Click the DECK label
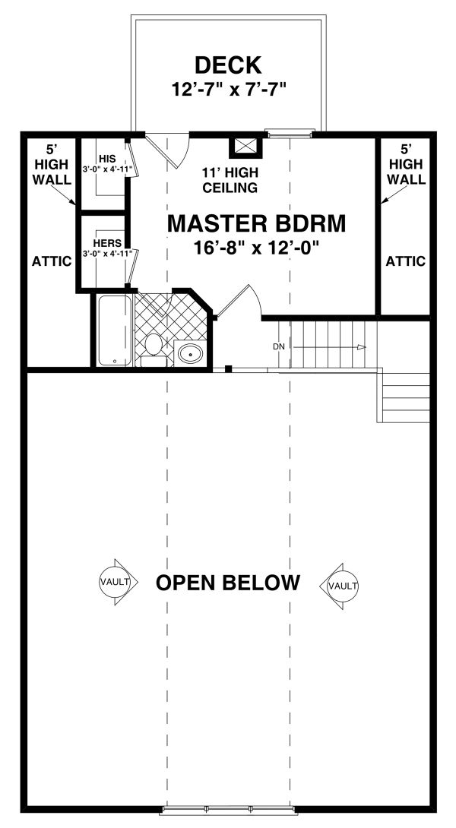[x=229, y=64]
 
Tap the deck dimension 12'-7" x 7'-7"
[x=229, y=89]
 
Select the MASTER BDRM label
[x=256, y=223]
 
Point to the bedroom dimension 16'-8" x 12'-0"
[x=256, y=246]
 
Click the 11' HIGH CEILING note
[x=230, y=179]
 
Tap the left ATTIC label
[x=52, y=261]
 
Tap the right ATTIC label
[x=405, y=261]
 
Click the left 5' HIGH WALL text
[x=52, y=163]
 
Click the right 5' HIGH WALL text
[x=405, y=163]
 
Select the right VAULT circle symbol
[x=343, y=586]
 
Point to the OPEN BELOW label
[x=228, y=583]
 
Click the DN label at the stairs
[x=279, y=346]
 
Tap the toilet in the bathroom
[x=154, y=346]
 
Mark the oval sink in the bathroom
[x=189, y=353]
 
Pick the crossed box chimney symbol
[x=245, y=146]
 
